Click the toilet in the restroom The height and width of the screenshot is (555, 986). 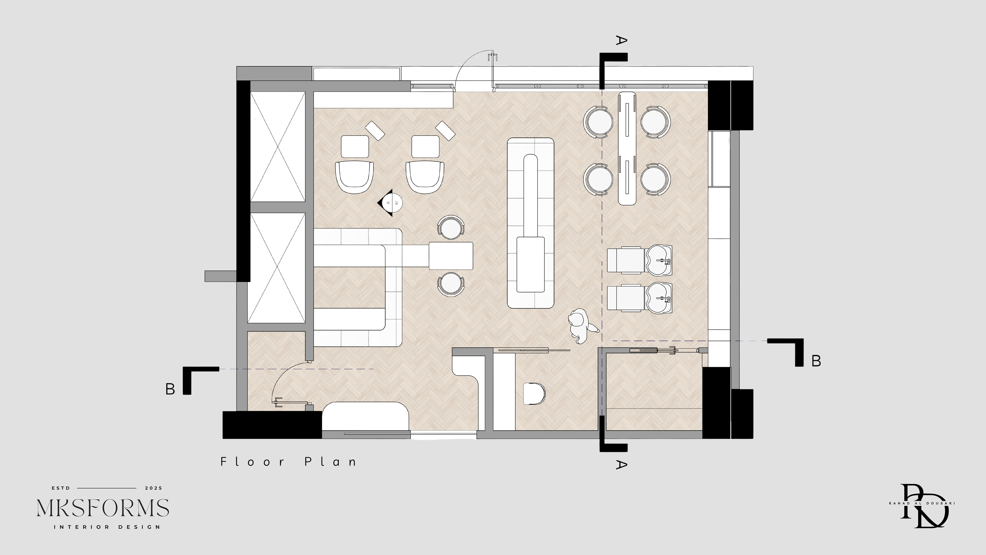coord(534,393)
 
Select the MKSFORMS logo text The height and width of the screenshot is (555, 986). coord(103,508)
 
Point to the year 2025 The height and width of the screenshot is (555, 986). coord(154,488)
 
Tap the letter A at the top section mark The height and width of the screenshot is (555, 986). coord(621,40)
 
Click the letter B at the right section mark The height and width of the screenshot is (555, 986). coord(816,361)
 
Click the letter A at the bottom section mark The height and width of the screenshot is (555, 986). coord(621,465)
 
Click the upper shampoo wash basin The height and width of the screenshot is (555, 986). coord(659,261)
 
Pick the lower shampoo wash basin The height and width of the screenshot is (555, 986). coord(659,297)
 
